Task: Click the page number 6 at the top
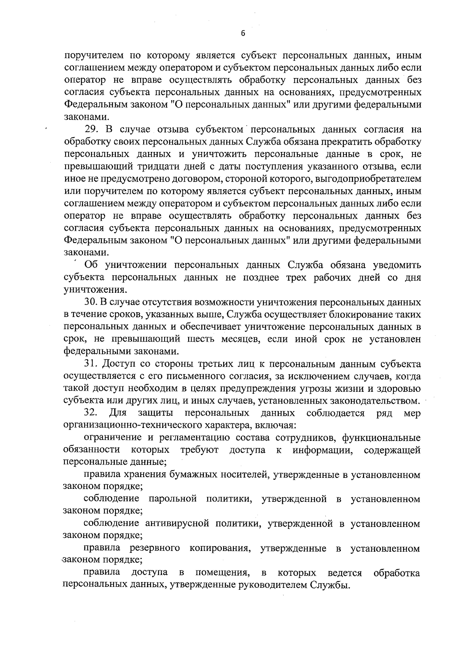(243, 34)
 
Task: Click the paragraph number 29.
(92, 130)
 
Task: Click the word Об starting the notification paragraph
(91, 265)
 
